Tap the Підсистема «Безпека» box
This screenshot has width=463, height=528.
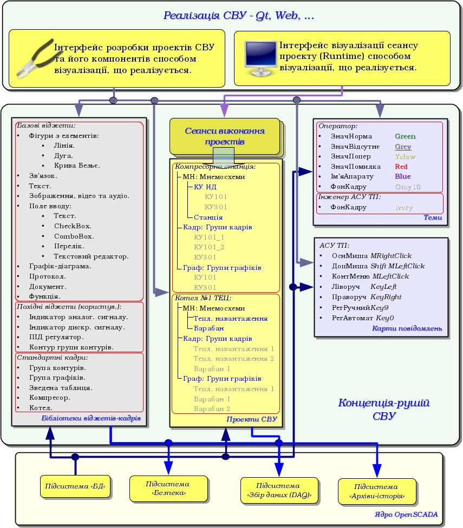pyautogui.click(x=168, y=488)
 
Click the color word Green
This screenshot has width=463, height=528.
pyautogui.click(x=405, y=137)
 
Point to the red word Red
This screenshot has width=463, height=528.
pyautogui.click(x=401, y=167)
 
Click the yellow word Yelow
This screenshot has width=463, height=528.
pyautogui.click(x=405, y=157)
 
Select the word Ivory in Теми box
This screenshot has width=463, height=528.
pyautogui.click(x=403, y=208)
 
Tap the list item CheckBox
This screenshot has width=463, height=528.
pyautogui.click(x=73, y=226)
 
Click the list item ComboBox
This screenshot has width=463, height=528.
pyautogui.click(x=74, y=236)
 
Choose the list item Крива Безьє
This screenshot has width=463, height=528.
pyautogui.click(x=77, y=166)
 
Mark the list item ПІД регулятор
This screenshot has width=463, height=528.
pyautogui.click(x=56, y=337)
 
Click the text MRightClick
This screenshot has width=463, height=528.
pyautogui.click(x=391, y=256)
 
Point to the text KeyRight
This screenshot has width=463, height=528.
pyautogui.click(x=386, y=297)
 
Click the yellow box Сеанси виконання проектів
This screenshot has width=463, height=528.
pyautogui.click(x=224, y=136)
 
